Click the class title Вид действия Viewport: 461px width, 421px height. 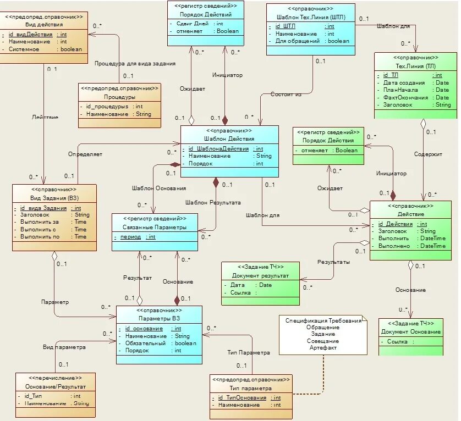[44, 25]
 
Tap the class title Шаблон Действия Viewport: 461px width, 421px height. [229, 139]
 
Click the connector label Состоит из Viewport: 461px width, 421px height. [286, 95]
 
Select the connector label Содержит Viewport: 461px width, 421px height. [428, 154]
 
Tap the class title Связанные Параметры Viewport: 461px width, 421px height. [155, 227]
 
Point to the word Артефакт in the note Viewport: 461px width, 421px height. [323, 347]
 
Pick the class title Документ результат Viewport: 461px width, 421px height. [260, 275]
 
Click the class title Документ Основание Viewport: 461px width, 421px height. [410, 331]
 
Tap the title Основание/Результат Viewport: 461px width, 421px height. [55, 386]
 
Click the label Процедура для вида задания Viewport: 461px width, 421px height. [135, 63]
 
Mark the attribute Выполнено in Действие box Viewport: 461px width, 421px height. [394, 246]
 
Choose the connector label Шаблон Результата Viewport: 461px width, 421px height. [213, 202]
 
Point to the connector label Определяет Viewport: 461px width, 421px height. [85, 154]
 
